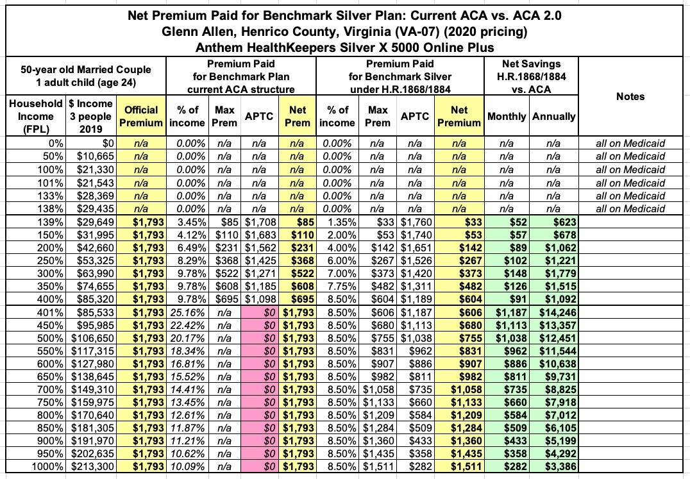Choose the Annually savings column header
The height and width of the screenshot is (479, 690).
(x=553, y=116)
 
